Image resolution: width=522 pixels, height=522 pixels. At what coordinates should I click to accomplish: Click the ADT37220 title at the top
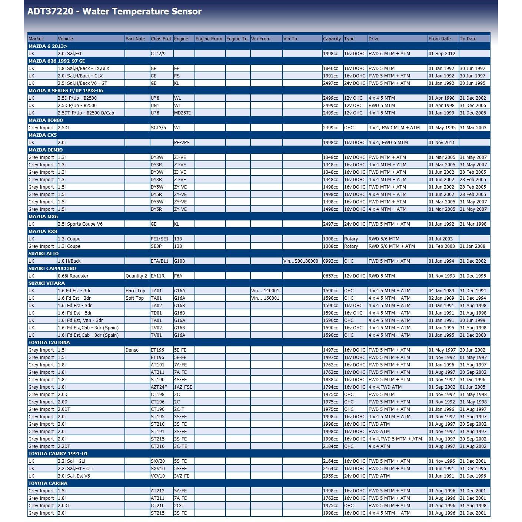[x=114, y=11]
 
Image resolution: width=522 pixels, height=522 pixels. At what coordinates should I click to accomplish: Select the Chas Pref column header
[x=161, y=39]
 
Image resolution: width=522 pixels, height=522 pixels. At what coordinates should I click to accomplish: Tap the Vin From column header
[x=261, y=39]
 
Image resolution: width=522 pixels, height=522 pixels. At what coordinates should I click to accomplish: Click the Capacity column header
[x=332, y=39]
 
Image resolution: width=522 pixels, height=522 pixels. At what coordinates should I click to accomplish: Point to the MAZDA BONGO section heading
[x=46, y=120]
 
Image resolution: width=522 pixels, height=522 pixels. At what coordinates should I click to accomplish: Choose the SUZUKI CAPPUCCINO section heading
[x=52, y=268]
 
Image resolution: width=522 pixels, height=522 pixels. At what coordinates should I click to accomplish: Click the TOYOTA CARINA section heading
[x=48, y=483]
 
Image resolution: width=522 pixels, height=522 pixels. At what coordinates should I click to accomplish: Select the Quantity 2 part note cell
[x=136, y=276]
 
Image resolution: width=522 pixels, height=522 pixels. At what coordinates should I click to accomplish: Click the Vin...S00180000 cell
[x=301, y=261]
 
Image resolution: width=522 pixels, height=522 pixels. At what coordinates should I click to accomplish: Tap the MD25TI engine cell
[x=182, y=113]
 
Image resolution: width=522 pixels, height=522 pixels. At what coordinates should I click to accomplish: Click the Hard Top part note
[x=135, y=290]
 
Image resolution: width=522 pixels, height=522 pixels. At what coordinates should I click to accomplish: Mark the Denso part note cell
[x=132, y=350]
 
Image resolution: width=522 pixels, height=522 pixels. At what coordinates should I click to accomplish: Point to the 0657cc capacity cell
[x=330, y=276]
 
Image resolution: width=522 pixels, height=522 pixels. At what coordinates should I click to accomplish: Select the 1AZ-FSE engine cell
[x=183, y=387]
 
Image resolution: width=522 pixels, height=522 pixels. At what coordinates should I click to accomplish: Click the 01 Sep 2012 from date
[x=442, y=53]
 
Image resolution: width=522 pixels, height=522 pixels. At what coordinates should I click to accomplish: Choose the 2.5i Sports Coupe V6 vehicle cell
[x=80, y=224]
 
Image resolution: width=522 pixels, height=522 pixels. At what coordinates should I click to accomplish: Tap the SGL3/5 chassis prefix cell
[x=158, y=127]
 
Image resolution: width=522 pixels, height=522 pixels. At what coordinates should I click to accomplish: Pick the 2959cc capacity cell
[x=330, y=476]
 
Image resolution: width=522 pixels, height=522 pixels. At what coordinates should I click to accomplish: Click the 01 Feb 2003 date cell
[x=442, y=246]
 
